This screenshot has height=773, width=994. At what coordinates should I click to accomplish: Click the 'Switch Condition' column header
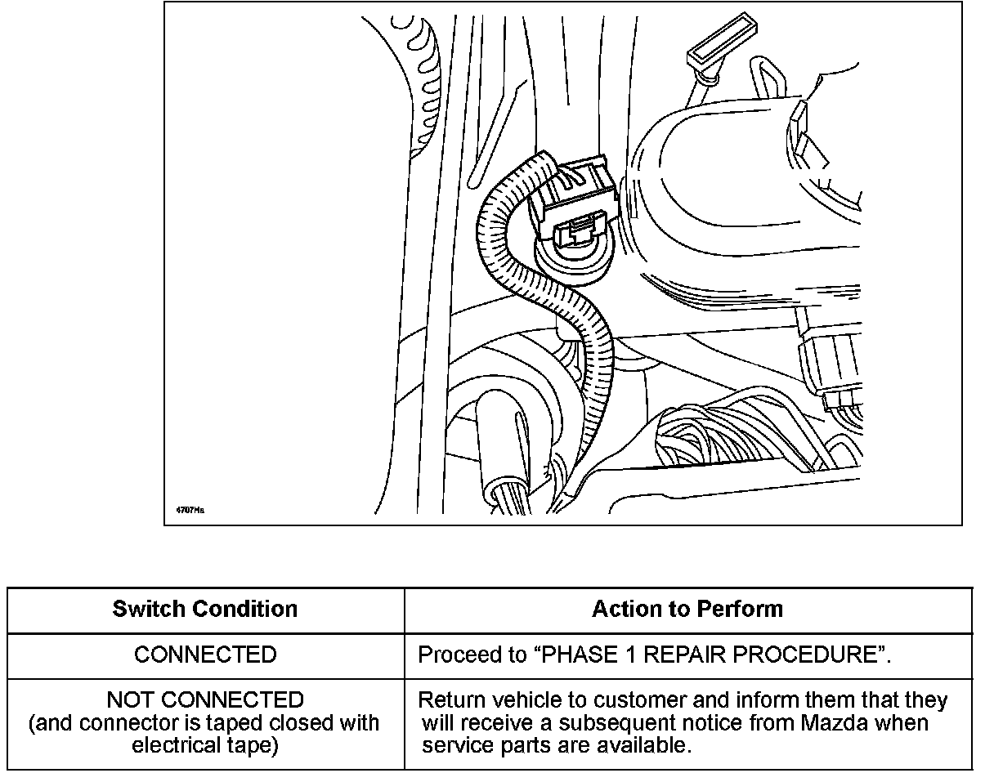[x=205, y=610]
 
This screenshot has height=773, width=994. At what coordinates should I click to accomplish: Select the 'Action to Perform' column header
[x=687, y=610]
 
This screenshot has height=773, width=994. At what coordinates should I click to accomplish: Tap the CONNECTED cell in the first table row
[x=205, y=655]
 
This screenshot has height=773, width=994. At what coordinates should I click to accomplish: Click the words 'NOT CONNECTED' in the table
[x=205, y=700]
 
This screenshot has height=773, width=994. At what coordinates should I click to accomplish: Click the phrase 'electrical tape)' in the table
[x=205, y=746]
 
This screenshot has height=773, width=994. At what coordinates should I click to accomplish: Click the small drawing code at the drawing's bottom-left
[x=190, y=510]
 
